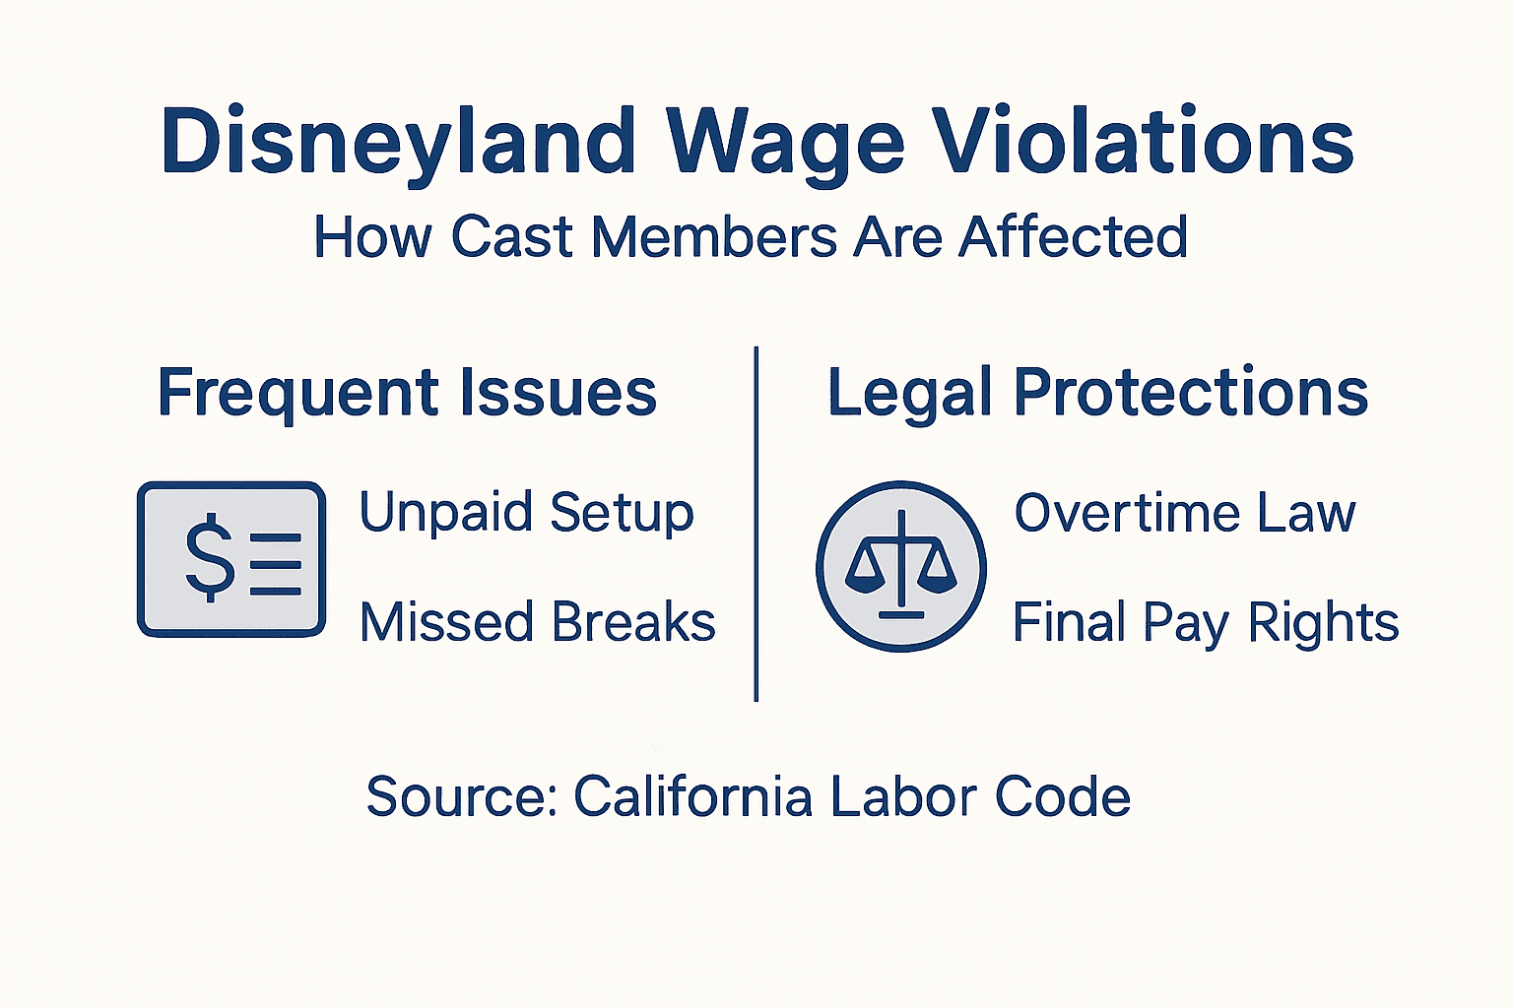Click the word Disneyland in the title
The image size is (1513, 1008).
pos(398,143)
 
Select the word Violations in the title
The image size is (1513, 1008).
pos(1144,143)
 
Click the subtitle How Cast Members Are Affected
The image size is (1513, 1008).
pos(751,237)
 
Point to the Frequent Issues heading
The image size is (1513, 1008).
pos(407,393)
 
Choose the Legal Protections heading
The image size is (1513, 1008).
pos(1097,393)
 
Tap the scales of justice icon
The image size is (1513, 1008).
pos(900,566)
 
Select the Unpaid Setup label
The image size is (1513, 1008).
pos(526,513)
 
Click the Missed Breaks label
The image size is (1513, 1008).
pos(537,623)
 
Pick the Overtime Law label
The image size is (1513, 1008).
pos(1185,513)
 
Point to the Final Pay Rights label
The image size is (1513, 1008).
pos(1206,623)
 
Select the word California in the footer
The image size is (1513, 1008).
pos(692,796)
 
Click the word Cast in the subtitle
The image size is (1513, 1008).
pos(511,237)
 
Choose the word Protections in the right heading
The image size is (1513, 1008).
pos(1191,393)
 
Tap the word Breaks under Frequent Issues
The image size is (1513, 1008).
pos(632,623)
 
